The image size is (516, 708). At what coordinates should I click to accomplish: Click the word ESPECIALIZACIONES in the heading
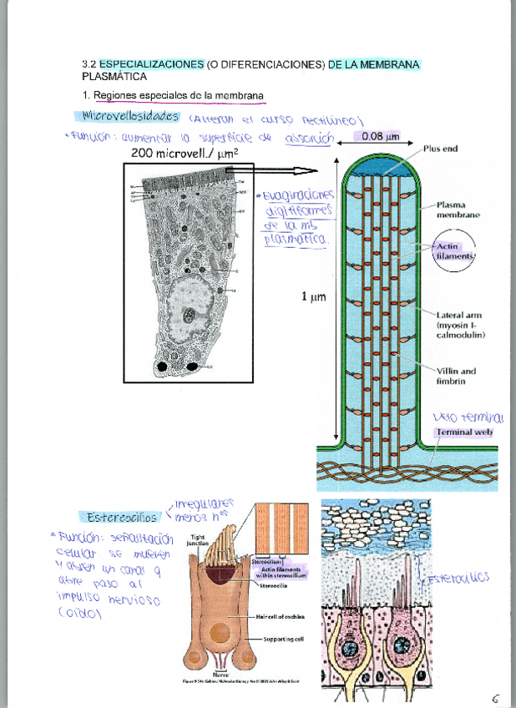[x=151, y=64]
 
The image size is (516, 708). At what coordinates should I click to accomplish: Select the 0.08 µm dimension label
[x=377, y=135]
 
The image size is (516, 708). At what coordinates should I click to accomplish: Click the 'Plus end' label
[x=440, y=149]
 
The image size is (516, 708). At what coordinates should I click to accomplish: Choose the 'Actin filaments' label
[x=453, y=251]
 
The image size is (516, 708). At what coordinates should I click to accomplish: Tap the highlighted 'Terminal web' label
[x=464, y=432]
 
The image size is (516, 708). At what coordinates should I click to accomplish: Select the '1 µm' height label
[x=313, y=296]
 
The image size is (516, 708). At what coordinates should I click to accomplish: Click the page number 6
[x=495, y=697]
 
